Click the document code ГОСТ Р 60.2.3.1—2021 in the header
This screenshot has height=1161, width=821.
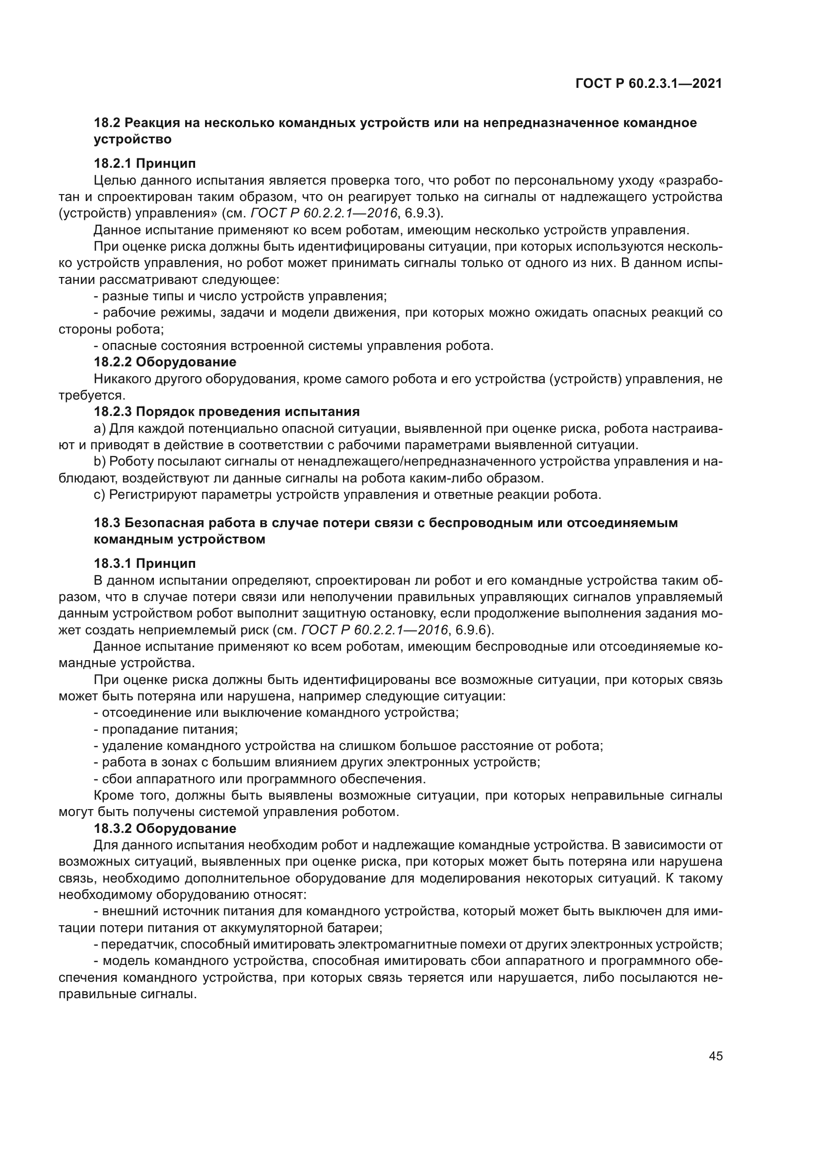point(649,84)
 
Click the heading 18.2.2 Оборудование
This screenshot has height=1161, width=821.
point(165,362)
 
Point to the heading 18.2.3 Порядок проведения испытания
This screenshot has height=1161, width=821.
point(226,411)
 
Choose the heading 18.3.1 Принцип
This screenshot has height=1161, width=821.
point(144,563)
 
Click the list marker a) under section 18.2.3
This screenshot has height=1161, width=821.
point(100,429)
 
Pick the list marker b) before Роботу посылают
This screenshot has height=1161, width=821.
point(100,462)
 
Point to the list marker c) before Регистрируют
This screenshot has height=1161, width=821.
point(100,494)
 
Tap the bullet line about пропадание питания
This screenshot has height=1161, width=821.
point(166,730)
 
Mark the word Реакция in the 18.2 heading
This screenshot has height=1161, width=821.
point(149,123)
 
